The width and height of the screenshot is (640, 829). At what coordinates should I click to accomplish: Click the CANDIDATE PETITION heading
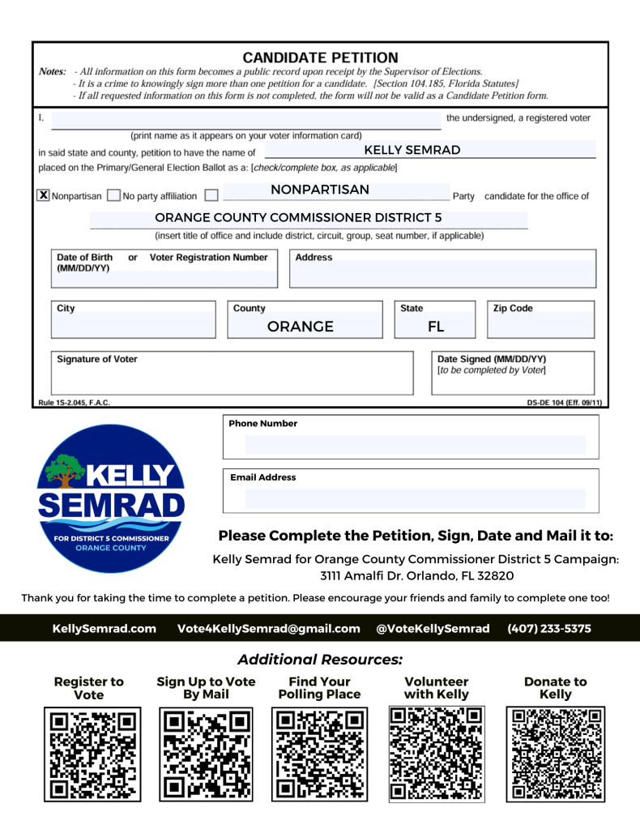320,58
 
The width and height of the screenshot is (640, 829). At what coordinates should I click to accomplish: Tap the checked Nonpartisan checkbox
44,195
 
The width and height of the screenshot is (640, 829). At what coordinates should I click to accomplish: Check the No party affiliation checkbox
113,195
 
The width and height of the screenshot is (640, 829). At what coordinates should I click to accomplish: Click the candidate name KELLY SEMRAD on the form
412,150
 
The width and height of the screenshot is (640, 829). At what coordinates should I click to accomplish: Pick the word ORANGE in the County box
301,327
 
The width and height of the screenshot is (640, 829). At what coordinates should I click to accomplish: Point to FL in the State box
436,327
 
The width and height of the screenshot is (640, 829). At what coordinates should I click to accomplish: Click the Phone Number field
415,445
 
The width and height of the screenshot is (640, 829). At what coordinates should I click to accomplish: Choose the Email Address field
415,498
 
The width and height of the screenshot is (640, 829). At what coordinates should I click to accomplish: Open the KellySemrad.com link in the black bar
104,628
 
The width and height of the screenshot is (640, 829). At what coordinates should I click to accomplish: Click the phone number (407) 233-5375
549,628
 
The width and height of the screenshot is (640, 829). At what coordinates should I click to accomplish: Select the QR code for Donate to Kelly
555,754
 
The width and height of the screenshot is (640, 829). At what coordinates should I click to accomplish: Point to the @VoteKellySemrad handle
433,628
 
